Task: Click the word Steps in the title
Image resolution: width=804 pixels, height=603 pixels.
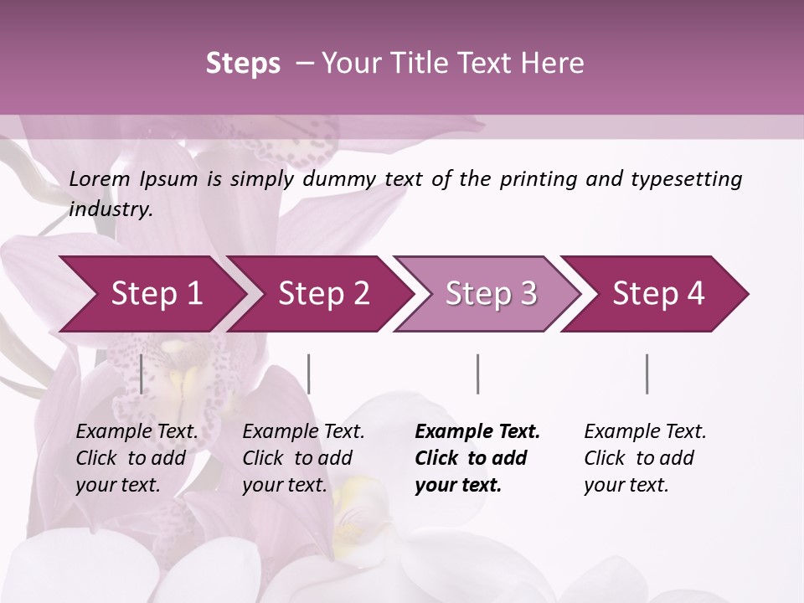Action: point(243,64)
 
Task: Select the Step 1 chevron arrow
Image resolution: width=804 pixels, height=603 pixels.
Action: point(151,294)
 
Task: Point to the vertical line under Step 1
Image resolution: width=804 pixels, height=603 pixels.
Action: point(142,374)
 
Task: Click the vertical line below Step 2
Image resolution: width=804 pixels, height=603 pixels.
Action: point(309,374)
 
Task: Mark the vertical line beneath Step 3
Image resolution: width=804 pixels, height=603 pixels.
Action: point(478,374)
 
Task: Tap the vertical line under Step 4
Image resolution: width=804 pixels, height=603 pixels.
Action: point(647,374)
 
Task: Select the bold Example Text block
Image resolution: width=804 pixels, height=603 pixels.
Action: point(477,458)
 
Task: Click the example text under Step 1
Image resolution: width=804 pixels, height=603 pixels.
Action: point(137,458)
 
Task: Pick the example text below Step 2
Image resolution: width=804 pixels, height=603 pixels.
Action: point(303,458)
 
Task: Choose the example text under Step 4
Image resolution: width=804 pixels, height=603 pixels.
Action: point(645,458)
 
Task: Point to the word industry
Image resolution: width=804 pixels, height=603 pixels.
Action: point(111,209)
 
